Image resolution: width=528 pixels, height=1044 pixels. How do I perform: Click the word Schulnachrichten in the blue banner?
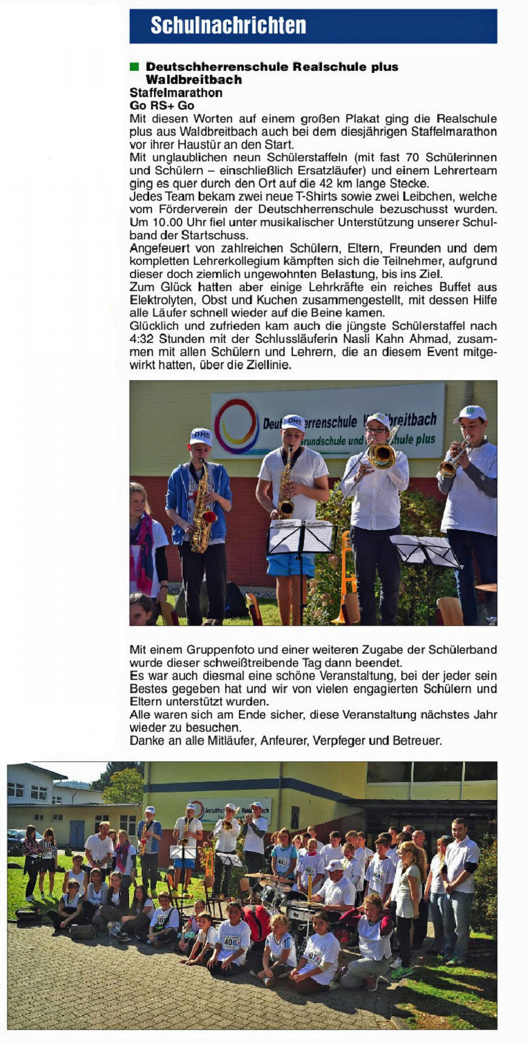[x=228, y=26]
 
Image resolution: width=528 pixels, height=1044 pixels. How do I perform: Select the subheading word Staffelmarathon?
[x=176, y=93]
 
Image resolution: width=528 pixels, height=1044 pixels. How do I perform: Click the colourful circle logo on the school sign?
[x=237, y=426]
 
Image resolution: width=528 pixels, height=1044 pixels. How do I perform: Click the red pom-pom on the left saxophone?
[x=210, y=517]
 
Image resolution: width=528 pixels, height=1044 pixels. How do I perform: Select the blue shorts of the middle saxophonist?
[x=291, y=563]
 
